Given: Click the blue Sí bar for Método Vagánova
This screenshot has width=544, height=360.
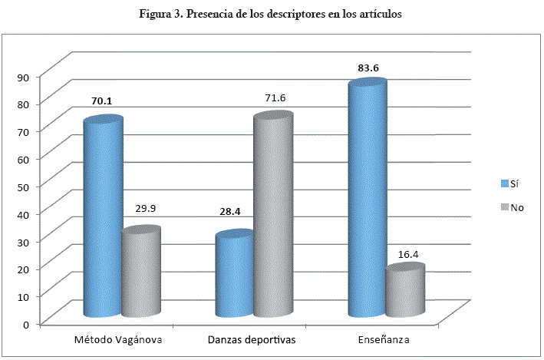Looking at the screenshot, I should pos(102,219).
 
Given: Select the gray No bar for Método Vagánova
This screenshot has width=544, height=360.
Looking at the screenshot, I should pos(141,272).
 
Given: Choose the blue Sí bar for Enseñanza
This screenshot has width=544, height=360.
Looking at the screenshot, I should pos(367,200).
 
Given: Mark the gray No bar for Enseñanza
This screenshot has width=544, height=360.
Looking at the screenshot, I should pos(406,292).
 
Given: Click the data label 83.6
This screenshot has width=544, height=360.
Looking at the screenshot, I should pos(368,68).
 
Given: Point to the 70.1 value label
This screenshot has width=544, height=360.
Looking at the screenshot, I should pos(102,101).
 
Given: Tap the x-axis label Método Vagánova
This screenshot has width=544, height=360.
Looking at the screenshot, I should pos(118,339).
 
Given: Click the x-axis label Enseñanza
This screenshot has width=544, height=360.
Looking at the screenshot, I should pos(384,339).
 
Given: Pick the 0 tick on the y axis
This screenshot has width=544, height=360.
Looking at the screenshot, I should pos(27,323).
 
